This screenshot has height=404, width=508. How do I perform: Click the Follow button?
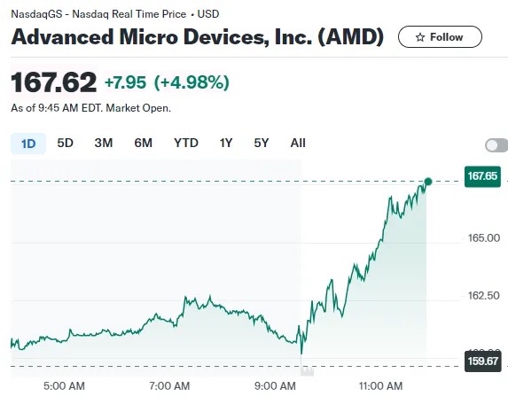[x=440, y=37]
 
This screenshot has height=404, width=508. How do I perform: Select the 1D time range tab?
[x=28, y=144]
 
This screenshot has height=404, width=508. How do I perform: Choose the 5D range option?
[x=65, y=143]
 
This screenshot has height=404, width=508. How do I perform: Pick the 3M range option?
[x=104, y=143]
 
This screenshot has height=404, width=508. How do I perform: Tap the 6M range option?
[x=144, y=143]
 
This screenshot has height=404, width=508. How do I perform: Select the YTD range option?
[x=186, y=143]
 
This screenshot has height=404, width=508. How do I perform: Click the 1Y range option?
[x=226, y=143]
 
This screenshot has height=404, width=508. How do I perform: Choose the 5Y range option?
[x=262, y=143]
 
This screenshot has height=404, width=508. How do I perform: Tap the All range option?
[x=298, y=143]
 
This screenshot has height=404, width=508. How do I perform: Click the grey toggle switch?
[x=496, y=145]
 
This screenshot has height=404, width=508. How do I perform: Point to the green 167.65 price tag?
[x=482, y=176]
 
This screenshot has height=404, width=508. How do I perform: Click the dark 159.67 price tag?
[x=482, y=361]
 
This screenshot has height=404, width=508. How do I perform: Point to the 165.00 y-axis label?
[x=484, y=238]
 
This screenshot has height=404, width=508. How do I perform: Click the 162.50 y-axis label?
[x=484, y=296]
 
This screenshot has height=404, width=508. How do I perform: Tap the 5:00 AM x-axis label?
[x=64, y=386]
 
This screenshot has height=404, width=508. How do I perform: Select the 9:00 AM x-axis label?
[x=275, y=386]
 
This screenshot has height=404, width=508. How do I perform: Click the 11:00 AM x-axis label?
[x=380, y=386]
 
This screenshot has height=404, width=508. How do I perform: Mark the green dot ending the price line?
[x=428, y=182]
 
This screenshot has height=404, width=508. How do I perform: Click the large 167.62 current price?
[x=54, y=82]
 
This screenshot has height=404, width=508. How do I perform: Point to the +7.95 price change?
[x=125, y=82]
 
